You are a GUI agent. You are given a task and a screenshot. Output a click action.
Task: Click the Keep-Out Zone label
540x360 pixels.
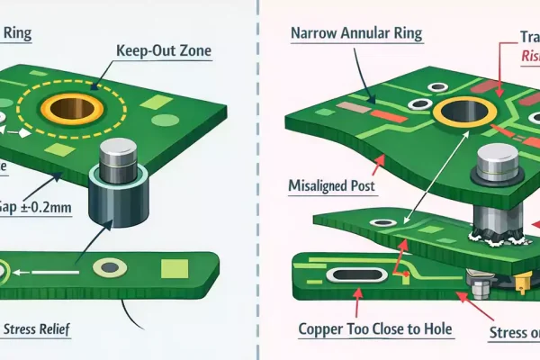[x=164, y=50]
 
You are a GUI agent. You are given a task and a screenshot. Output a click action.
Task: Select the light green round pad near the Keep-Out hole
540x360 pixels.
[x=163, y=119]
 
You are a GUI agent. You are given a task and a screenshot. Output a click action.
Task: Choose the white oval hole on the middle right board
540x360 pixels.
[x=382, y=221]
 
